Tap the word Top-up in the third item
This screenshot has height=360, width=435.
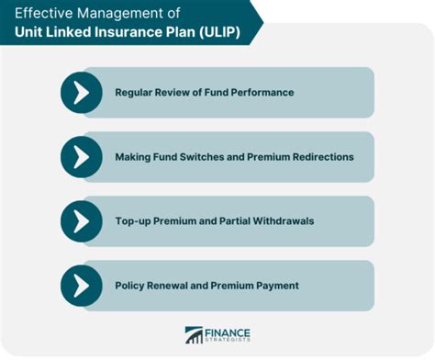(135, 221)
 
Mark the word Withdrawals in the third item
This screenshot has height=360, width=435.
(282, 221)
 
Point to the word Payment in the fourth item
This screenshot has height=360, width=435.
(274, 286)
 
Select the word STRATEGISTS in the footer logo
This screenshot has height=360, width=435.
(229, 342)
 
